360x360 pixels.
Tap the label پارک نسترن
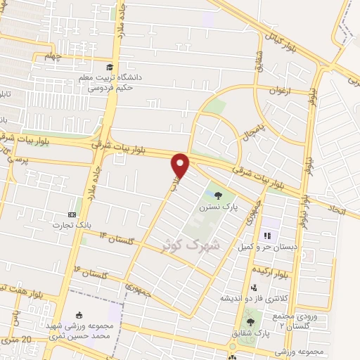click(x=214, y=208)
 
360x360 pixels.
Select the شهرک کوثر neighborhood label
click(x=191, y=244)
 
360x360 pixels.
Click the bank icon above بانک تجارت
click(x=72, y=214)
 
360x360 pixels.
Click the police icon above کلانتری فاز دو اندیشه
click(x=252, y=286)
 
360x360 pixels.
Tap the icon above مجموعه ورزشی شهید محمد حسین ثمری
click(x=78, y=314)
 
